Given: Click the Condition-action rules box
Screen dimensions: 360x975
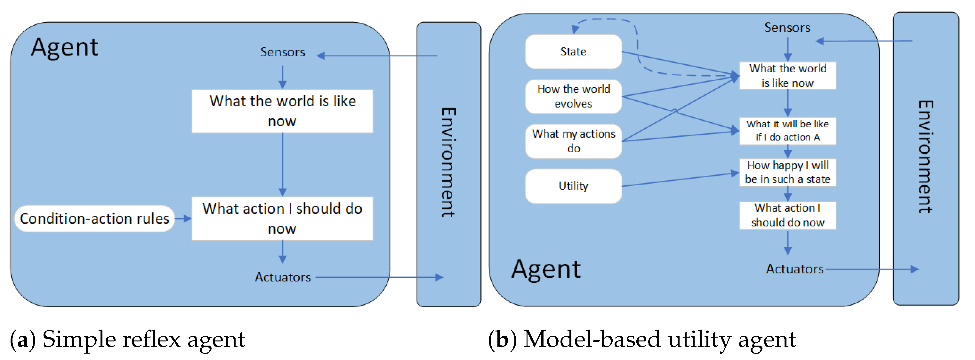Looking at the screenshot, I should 94,219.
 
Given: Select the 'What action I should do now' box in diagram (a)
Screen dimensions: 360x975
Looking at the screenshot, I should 282,219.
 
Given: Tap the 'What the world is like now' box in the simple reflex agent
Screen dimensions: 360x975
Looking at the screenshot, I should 282,111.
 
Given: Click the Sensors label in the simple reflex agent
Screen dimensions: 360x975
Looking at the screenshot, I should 282,52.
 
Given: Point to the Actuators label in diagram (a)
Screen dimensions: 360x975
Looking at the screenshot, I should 282,277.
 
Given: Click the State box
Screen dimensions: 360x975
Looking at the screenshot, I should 573,52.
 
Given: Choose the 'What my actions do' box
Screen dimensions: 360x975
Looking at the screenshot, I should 573,141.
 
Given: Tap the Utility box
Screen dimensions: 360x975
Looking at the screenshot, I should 573,186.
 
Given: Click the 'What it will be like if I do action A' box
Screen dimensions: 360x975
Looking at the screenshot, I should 787,131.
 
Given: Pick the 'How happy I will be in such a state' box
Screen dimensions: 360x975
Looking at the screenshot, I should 787,172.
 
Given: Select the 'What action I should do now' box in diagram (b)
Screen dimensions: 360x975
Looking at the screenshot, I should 787,215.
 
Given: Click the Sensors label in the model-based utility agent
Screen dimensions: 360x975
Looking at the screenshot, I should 787,28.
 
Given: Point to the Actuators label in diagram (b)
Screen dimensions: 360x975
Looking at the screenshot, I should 794,269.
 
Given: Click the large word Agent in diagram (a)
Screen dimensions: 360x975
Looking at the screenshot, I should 65,47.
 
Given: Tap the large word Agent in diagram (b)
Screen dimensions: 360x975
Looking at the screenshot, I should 545,269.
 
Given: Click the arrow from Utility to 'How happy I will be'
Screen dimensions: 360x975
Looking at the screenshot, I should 680,180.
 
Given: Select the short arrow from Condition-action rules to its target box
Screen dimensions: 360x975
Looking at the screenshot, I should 183,219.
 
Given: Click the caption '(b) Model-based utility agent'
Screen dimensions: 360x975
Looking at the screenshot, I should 641,339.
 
